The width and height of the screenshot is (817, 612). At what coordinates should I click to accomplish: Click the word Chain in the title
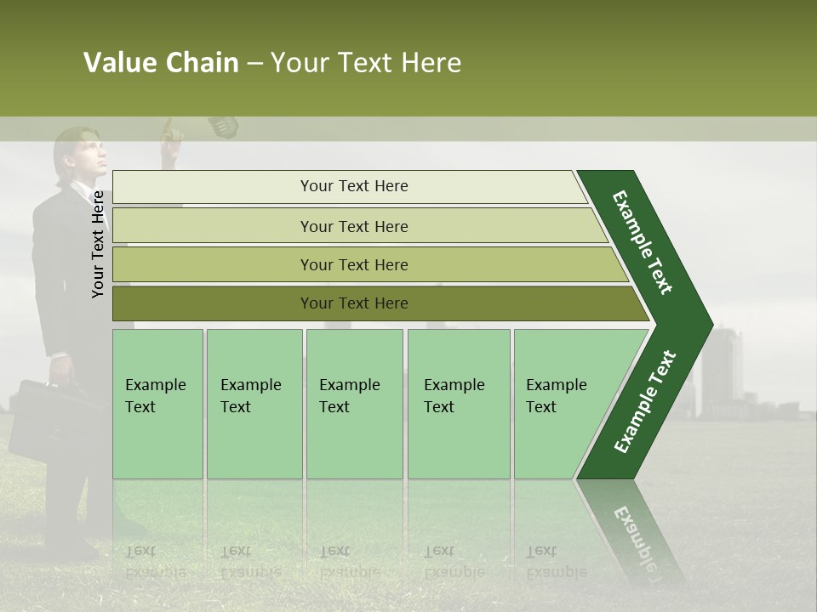tap(202, 63)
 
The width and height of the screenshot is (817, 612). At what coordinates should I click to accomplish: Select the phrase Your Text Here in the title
tap(366, 63)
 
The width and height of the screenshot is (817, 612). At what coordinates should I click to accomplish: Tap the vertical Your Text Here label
tap(98, 244)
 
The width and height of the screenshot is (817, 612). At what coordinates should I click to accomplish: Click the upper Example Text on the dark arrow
tap(643, 242)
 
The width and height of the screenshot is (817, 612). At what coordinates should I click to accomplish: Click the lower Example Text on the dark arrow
tap(644, 402)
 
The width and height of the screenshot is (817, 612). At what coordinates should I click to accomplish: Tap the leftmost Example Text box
tap(157, 404)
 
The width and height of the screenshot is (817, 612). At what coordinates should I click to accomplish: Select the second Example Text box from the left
tap(254, 404)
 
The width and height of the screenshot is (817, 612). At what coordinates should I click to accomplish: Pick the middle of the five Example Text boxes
tap(354, 404)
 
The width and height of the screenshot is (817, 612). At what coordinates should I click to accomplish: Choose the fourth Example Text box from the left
tap(458, 404)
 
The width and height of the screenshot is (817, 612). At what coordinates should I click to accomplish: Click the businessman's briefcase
tap(43, 421)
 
